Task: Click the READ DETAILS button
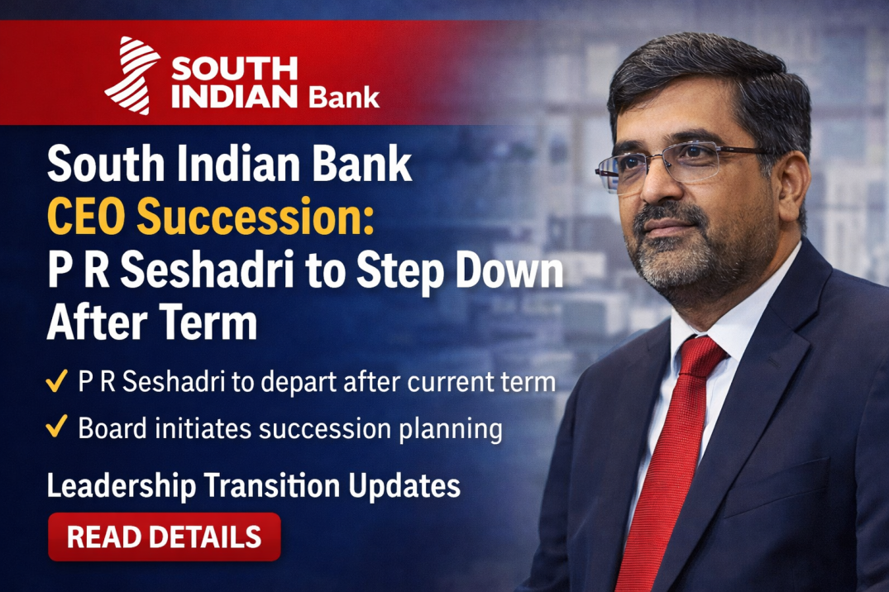click(164, 537)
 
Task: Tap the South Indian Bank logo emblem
click(132, 74)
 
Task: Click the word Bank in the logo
click(343, 97)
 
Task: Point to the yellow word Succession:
click(256, 219)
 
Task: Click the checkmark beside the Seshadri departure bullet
click(56, 383)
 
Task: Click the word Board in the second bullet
click(112, 428)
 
